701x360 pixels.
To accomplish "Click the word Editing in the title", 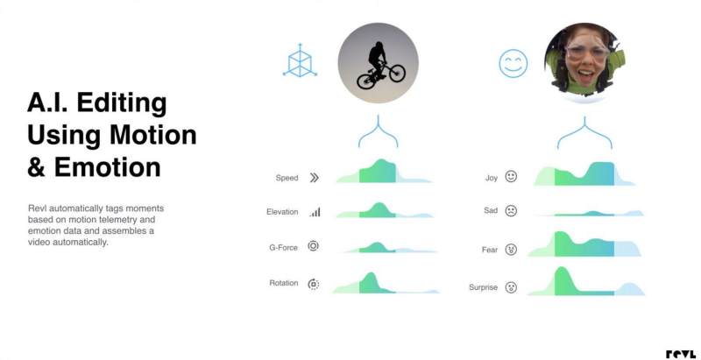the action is pos(122,103).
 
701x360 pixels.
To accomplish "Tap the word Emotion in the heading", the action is pos(107,167).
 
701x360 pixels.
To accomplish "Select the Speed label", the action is pos(287,178).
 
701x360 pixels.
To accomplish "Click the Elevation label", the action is pos(282,212).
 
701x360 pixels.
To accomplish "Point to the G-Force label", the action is pos(283,247).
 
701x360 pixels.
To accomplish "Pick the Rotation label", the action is pos(283,283).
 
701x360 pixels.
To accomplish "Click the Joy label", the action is pos(492,178).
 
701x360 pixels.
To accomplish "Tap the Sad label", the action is pos(491,210).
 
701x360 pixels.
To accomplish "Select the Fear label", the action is pos(490,250).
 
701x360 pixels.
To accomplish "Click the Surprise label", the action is pos(483,287).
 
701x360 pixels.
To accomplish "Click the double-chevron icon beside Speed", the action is pos(315,178).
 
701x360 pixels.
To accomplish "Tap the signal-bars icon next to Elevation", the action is pos(315,212).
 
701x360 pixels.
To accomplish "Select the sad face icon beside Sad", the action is pos(511,211).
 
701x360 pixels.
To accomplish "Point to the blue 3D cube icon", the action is pos(300,60).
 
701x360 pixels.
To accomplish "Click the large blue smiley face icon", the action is pos(513,63).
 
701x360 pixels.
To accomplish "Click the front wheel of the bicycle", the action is pos(398,73).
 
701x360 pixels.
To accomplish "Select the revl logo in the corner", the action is pos(681,354).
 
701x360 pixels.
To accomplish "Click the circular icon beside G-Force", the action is pos(314,245).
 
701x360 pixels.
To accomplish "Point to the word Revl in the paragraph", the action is pos(35,208).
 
